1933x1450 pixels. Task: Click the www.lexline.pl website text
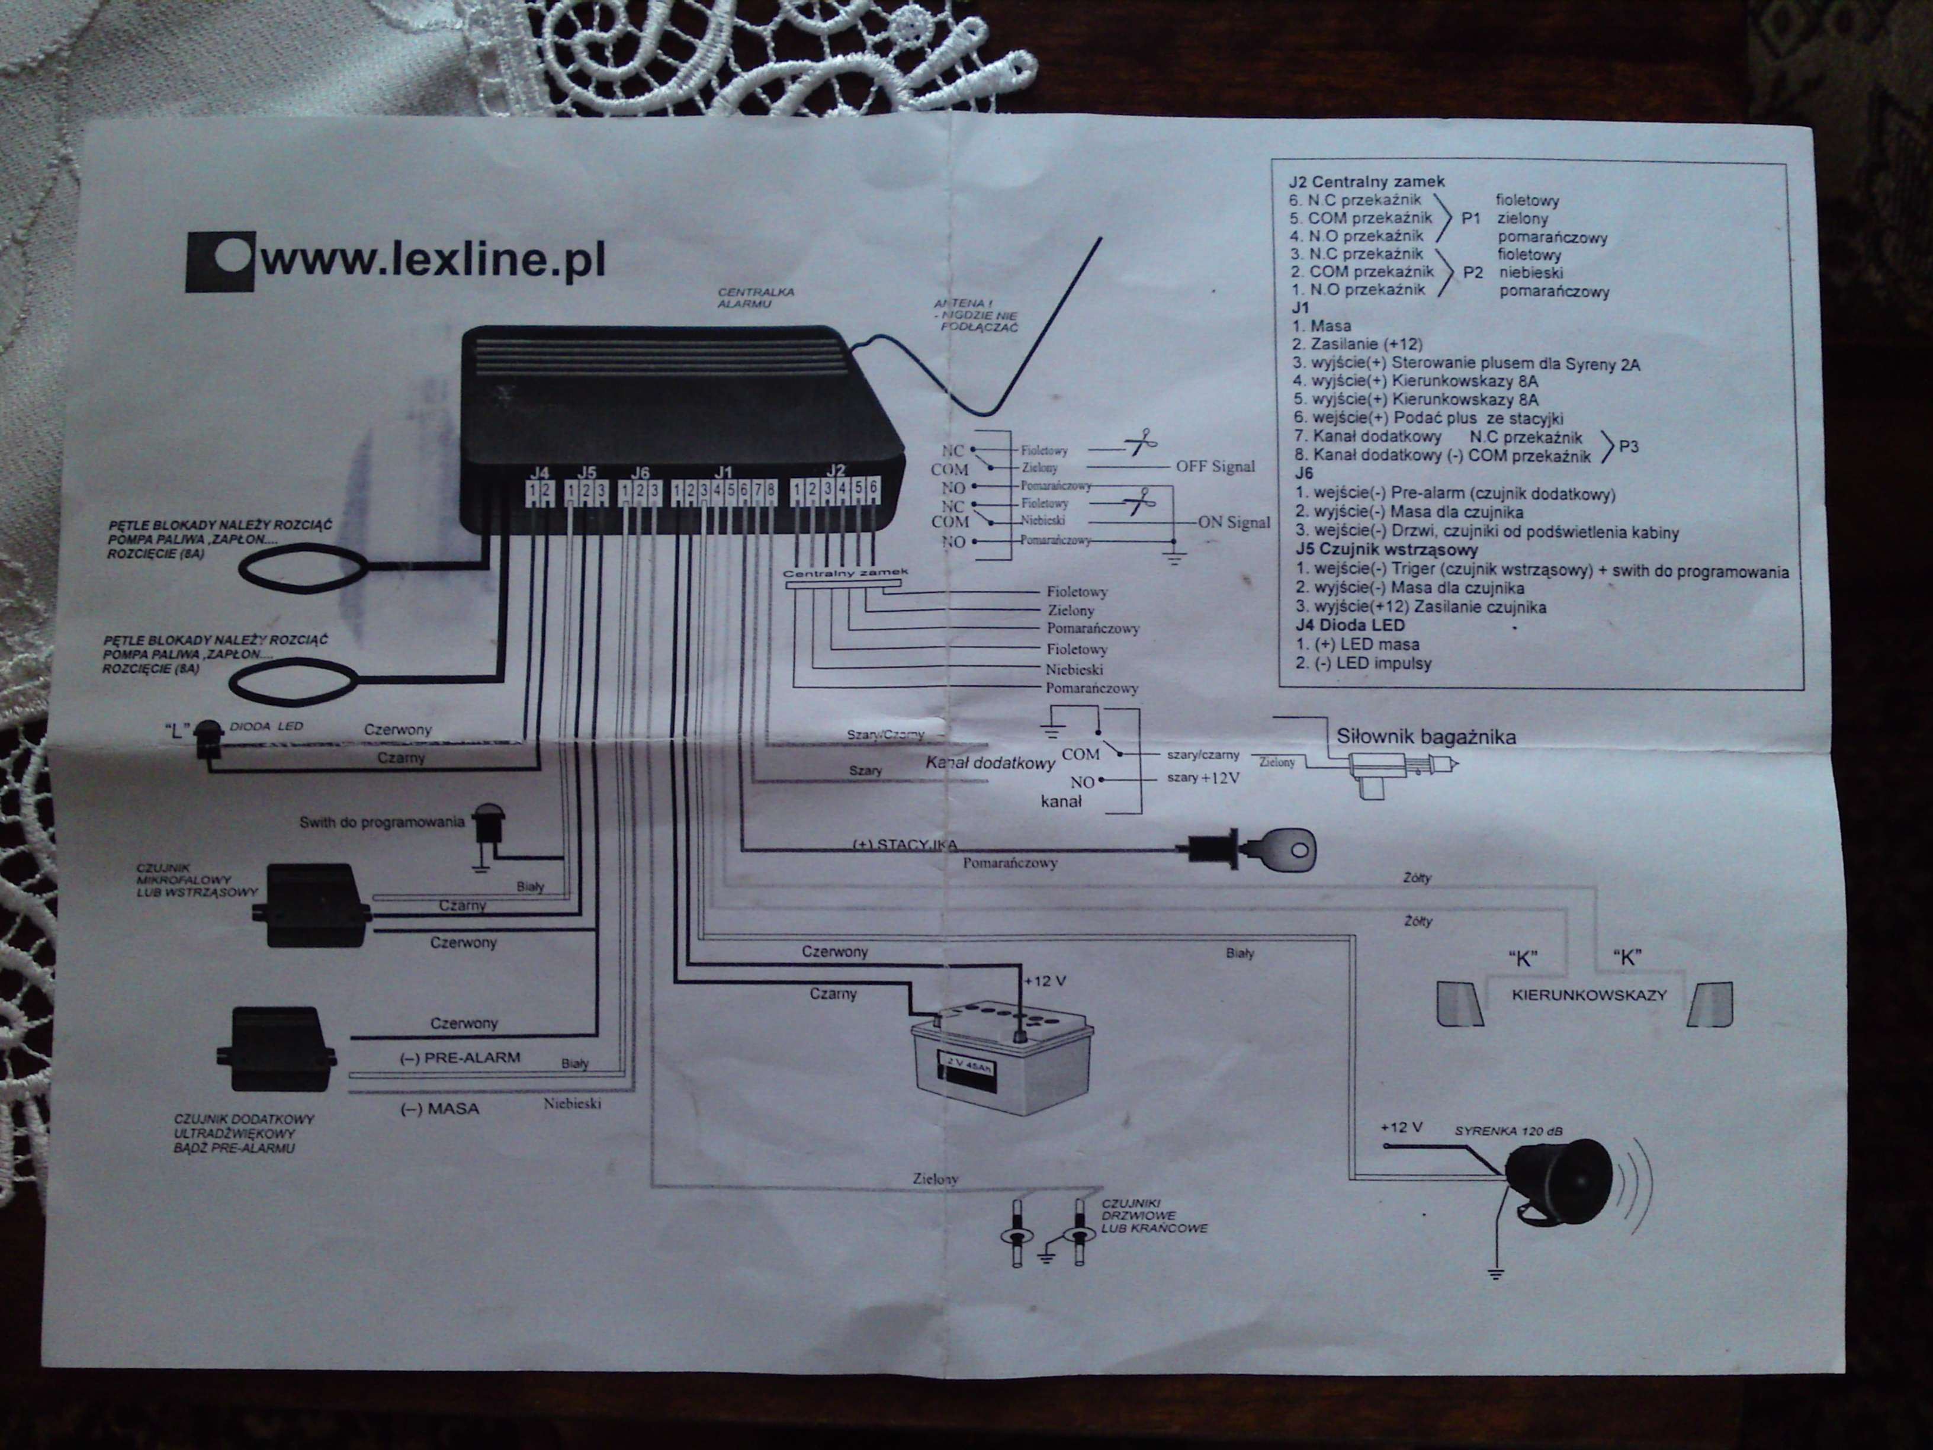pos(432,261)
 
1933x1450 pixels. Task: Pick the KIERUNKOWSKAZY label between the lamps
pos(1589,995)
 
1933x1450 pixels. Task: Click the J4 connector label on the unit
pos(539,473)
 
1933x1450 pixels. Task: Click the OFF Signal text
pos(1215,467)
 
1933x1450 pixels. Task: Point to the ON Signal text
pos(1234,522)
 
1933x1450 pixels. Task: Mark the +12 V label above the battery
pos(1045,981)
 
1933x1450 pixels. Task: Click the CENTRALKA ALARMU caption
pos(756,297)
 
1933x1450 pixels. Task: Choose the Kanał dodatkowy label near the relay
pos(990,763)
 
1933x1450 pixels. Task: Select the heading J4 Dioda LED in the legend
pos(1350,625)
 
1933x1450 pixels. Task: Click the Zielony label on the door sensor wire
pos(935,1179)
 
